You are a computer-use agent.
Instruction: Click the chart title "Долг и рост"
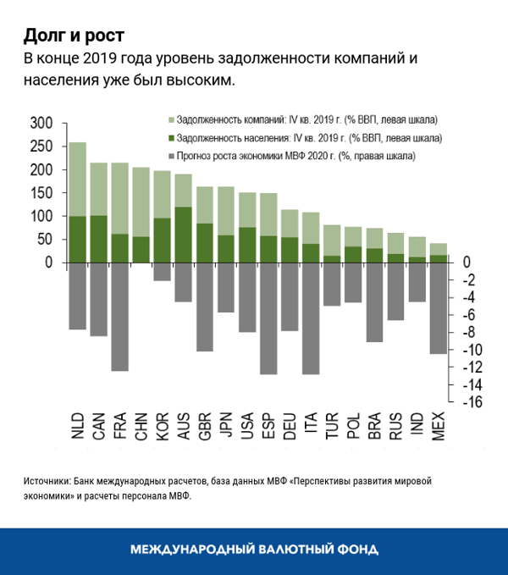pos(74,35)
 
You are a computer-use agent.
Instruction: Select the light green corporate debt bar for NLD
pos(77,179)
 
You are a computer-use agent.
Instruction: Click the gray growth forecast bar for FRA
pos(119,317)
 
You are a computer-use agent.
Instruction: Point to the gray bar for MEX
pos(439,308)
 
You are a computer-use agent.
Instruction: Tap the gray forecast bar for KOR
pos(162,272)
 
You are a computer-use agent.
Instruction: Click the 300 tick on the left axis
pos(41,124)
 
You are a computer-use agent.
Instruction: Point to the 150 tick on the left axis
pos(41,193)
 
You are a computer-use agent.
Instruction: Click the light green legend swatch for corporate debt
pos(172,119)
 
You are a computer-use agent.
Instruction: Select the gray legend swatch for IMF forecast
pos(172,157)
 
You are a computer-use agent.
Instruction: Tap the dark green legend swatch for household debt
pos(172,138)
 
